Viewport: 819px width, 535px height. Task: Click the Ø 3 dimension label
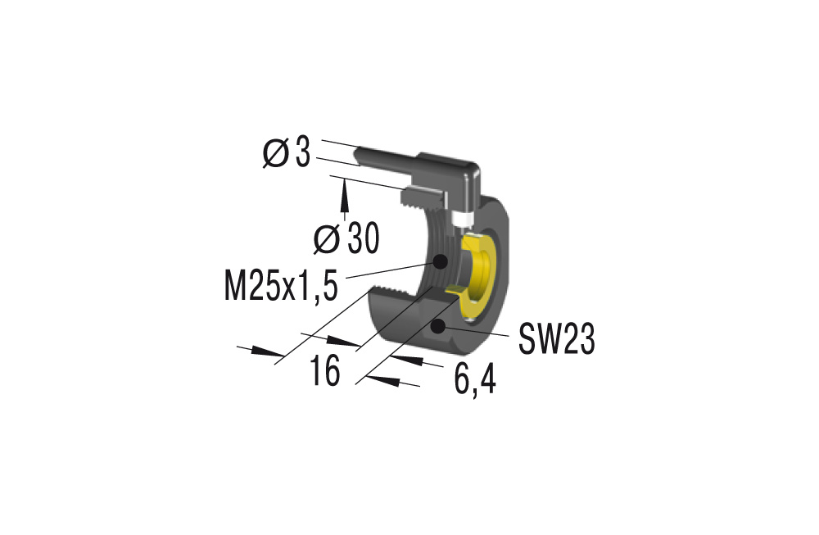287,153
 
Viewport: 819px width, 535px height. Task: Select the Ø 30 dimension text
346,238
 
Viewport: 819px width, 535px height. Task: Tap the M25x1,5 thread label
280,288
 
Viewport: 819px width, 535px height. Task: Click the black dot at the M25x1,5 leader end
440,262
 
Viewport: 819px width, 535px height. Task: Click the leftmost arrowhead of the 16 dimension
266,352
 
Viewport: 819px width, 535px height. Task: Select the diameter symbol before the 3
275,153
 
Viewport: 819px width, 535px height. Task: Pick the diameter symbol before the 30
327,238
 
